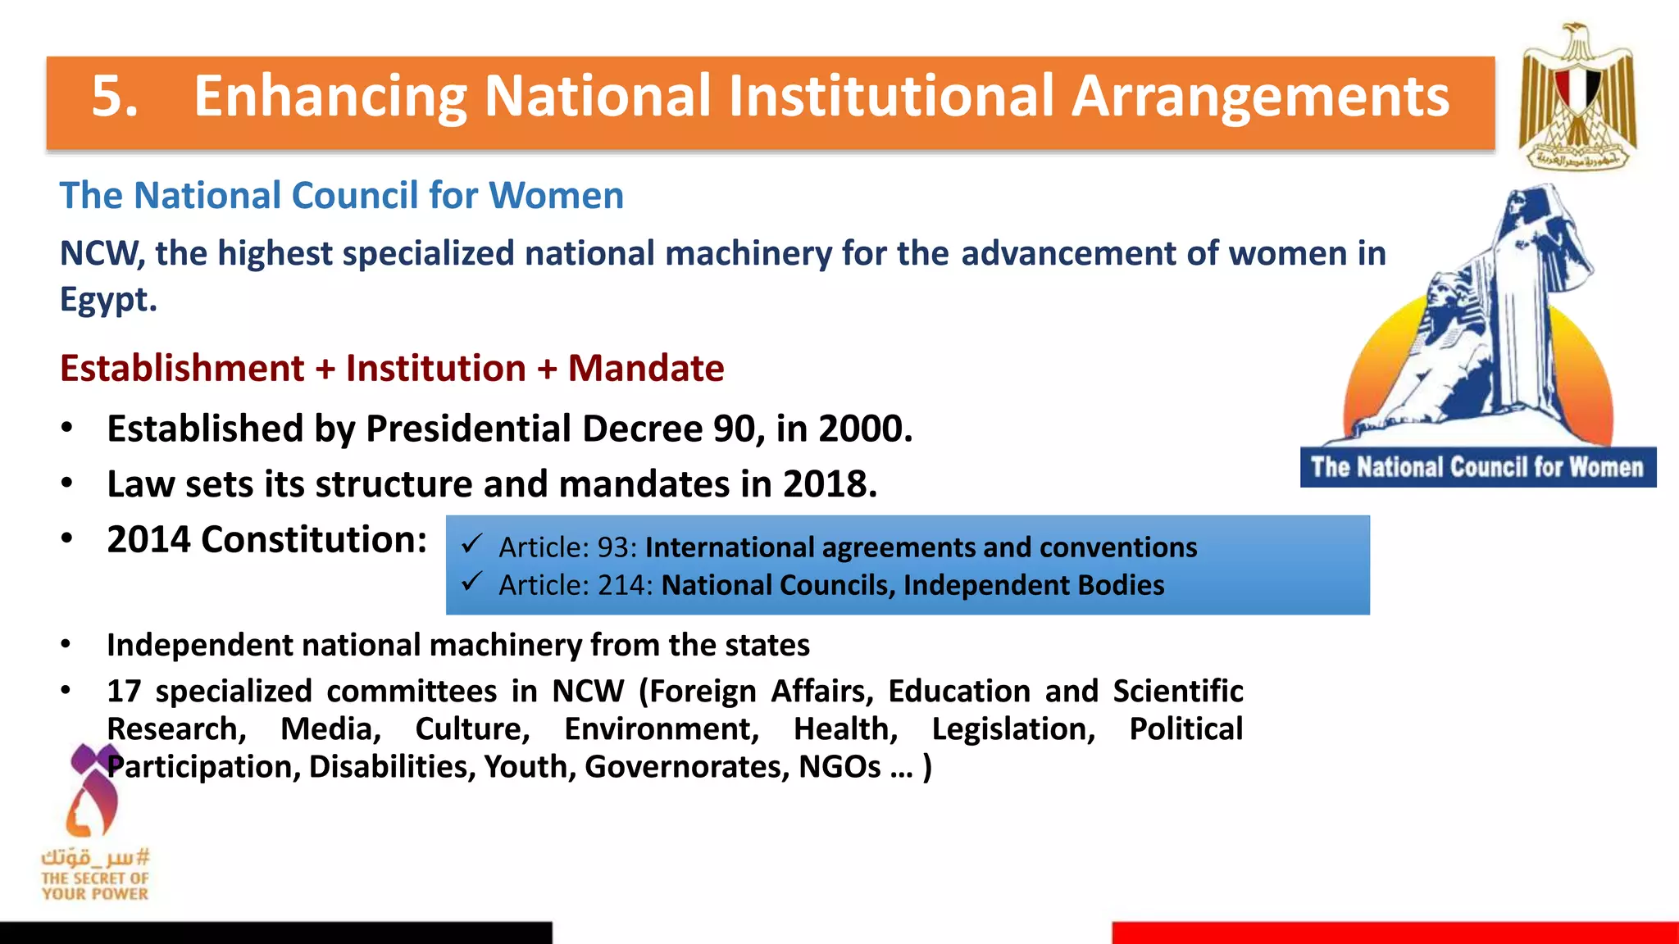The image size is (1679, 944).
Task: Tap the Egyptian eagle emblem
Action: click(1577, 97)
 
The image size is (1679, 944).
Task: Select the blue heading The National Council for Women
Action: click(341, 196)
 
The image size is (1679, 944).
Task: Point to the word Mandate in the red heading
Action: click(646, 368)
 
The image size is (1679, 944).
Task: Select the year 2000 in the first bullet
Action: click(860, 429)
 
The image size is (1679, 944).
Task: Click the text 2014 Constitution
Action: click(266, 539)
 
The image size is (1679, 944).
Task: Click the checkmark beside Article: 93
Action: click(471, 544)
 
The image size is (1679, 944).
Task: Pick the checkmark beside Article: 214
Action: click(471, 582)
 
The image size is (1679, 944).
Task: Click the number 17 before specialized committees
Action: click(124, 691)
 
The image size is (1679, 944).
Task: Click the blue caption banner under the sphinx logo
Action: click(1477, 467)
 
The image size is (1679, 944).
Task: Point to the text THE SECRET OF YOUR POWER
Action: click(95, 886)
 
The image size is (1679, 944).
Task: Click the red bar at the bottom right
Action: click(1394, 933)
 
